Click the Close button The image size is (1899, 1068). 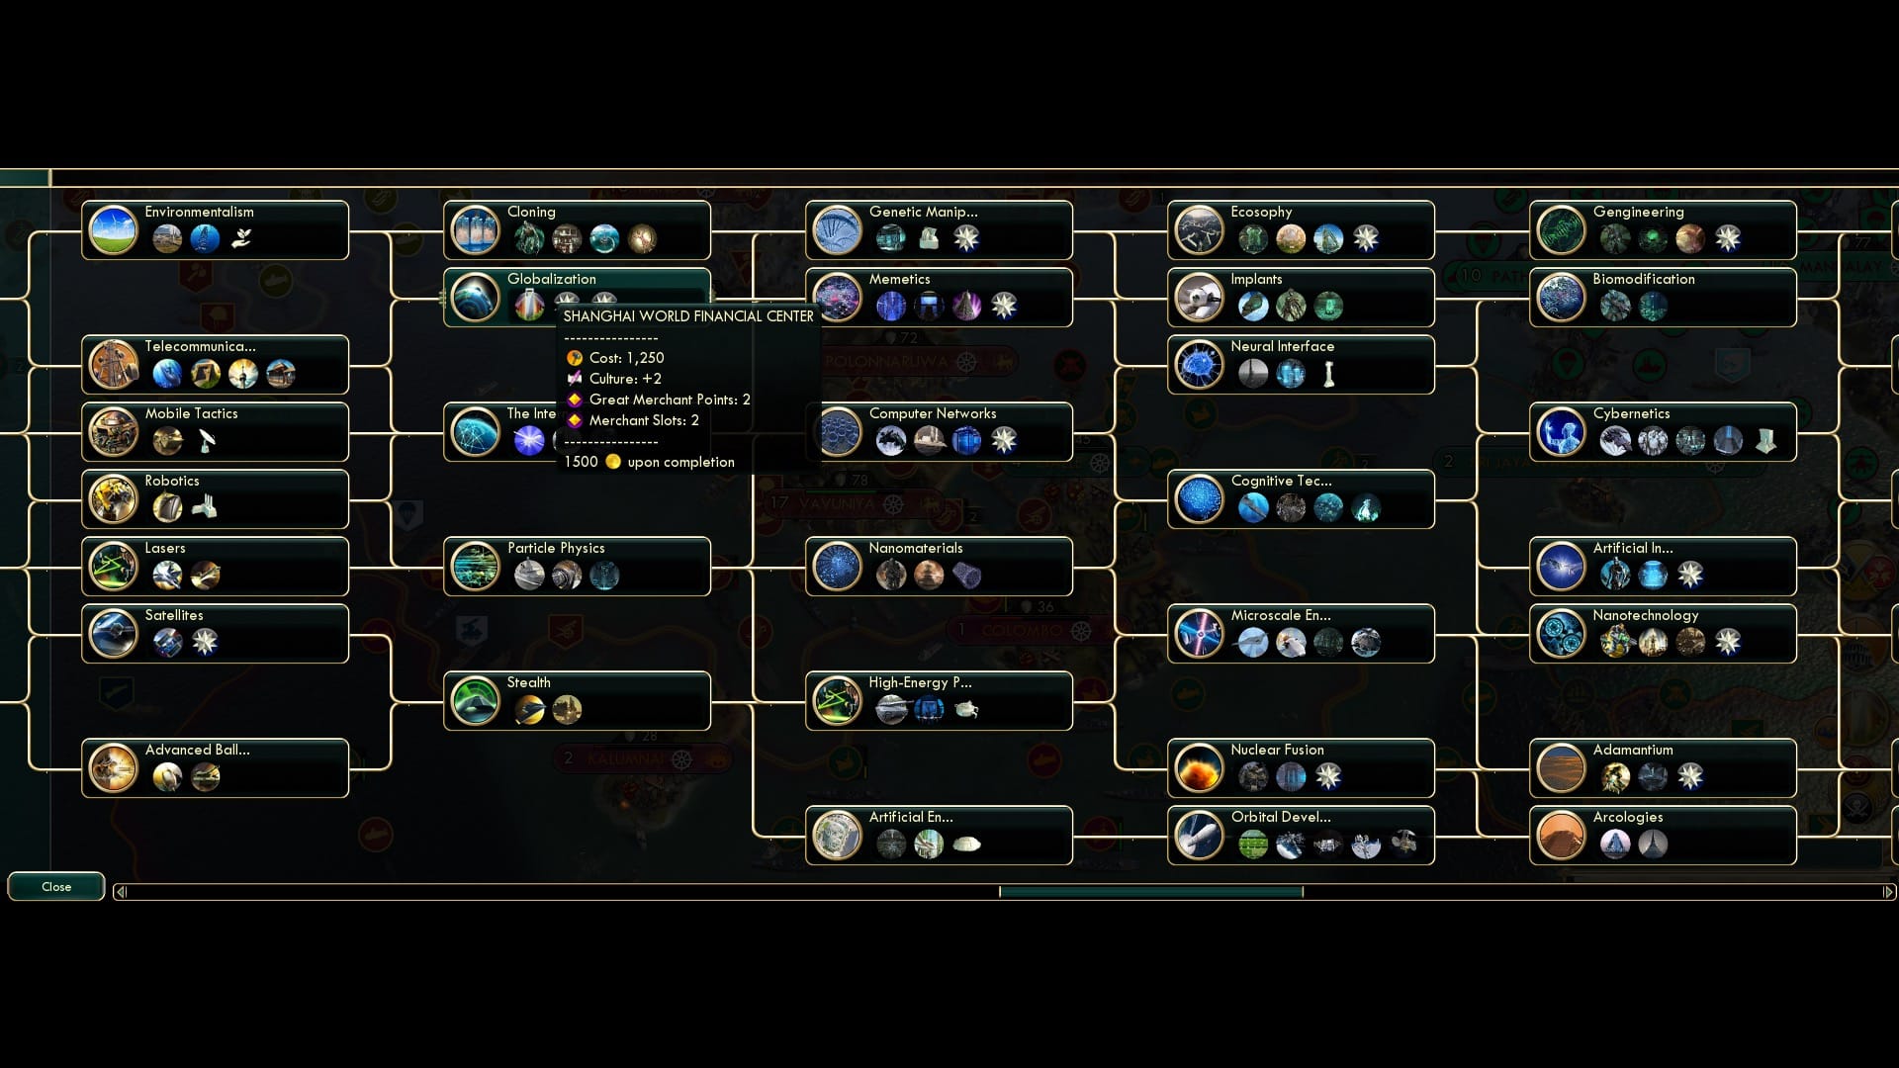[x=56, y=887]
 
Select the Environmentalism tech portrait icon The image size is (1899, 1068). [x=113, y=230]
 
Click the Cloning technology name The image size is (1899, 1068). [x=531, y=212]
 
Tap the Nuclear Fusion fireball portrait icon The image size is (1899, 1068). [x=1199, y=768]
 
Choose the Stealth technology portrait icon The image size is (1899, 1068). [x=475, y=701]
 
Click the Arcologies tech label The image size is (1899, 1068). [x=1627, y=817]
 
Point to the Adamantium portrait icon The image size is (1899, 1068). [x=1561, y=768]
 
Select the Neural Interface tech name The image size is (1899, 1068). [x=1282, y=346]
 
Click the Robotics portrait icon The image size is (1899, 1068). [x=113, y=499]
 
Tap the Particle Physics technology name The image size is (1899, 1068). [x=556, y=548]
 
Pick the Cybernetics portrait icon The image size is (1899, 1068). [x=1561, y=432]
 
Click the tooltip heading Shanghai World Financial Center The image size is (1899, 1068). [x=688, y=316]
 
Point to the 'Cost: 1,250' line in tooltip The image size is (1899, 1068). [x=626, y=358]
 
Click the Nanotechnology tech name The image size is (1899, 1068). [x=1645, y=615]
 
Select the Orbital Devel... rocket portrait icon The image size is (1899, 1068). [x=1199, y=836]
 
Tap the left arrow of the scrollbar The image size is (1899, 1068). [x=121, y=892]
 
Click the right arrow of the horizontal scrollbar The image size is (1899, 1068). [x=1888, y=892]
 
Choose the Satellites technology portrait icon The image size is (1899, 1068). [x=113, y=634]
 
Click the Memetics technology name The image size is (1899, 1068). [x=899, y=279]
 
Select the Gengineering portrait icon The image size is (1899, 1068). [x=1561, y=230]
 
